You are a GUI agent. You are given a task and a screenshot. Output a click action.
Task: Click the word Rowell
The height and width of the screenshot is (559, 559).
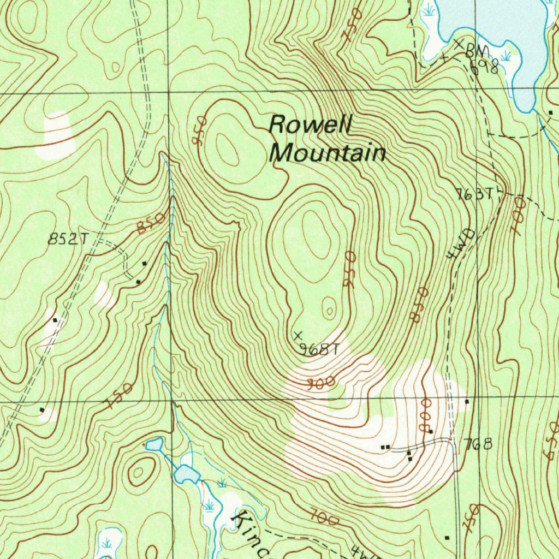pyautogui.click(x=310, y=125)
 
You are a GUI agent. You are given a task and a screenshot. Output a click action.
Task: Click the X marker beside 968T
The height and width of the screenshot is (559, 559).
pyautogui.click(x=298, y=334)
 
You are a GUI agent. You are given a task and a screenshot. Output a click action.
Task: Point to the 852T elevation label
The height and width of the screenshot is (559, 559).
pyautogui.click(x=68, y=239)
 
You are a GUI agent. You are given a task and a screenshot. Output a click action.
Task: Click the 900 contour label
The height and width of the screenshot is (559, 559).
pyautogui.click(x=320, y=384)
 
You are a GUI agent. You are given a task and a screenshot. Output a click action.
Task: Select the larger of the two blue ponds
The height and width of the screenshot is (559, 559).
pyautogui.click(x=187, y=473)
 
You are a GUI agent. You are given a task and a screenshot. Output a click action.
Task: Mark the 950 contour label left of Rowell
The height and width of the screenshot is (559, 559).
pyautogui.click(x=199, y=130)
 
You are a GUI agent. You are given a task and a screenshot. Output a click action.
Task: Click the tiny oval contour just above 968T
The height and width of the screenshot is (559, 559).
pyautogui.click(x=329, y=310)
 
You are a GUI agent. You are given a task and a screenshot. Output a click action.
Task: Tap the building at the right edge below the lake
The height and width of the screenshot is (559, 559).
pyautogui.click(x=550, y=114)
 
